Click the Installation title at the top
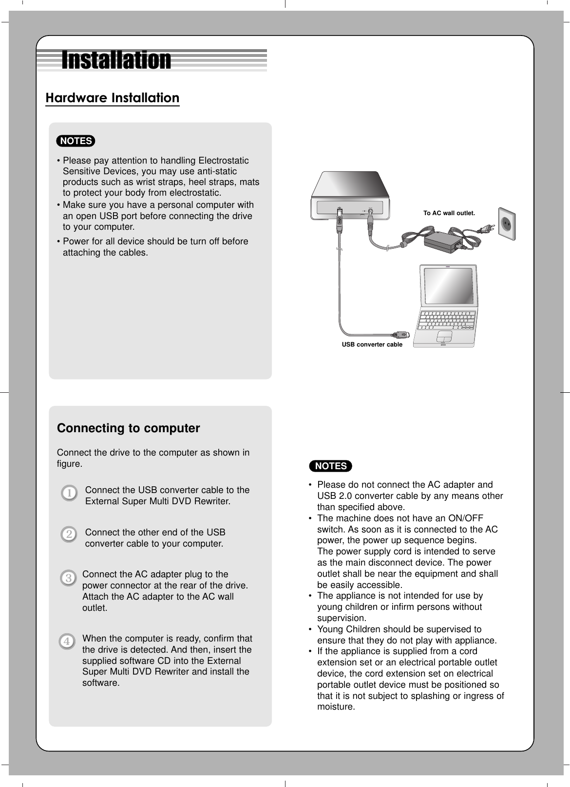coord(116,61)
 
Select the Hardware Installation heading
coord(112,98)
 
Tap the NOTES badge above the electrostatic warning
coord(76,141)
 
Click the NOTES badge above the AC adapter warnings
coord(331,466)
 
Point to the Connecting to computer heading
coord(129,428)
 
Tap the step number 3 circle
coord(68,579)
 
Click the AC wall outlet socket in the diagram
coord(506,224)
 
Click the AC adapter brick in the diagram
coord(443,240)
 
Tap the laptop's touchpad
coord(444,337)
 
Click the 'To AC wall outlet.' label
coord(449,213)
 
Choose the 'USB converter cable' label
coord(372,345)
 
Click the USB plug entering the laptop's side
coord(402,335)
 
